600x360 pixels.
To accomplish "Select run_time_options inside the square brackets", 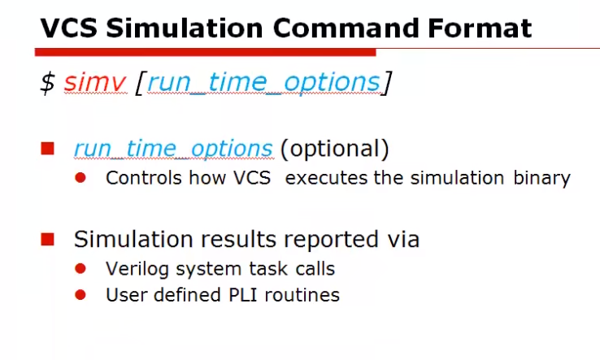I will pyautogui.click(x=263, y=83).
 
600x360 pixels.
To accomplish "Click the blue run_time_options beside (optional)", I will pyautogui.click(x=173, y=150).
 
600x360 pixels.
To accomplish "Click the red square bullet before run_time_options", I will pyautogui.click(x=48, y=149).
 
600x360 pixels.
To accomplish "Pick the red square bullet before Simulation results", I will pyautogui.click(x=48, y=240).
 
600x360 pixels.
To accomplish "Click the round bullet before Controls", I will pyautogui.click(x=80, y=178).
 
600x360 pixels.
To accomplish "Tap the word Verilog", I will pyautogui.click(x=132, y=268).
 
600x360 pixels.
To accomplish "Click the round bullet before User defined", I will pyautogui.click(x=80, y=295).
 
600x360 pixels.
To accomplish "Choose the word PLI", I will pyautogui.click(x=253, y=295).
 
